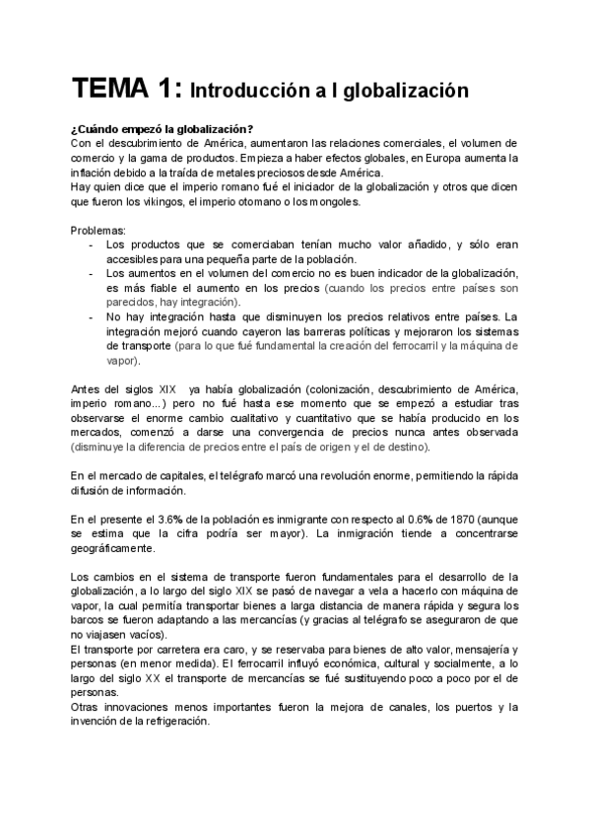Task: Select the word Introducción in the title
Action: tap(248, 92)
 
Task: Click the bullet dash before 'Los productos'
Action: tap(92, 244)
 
